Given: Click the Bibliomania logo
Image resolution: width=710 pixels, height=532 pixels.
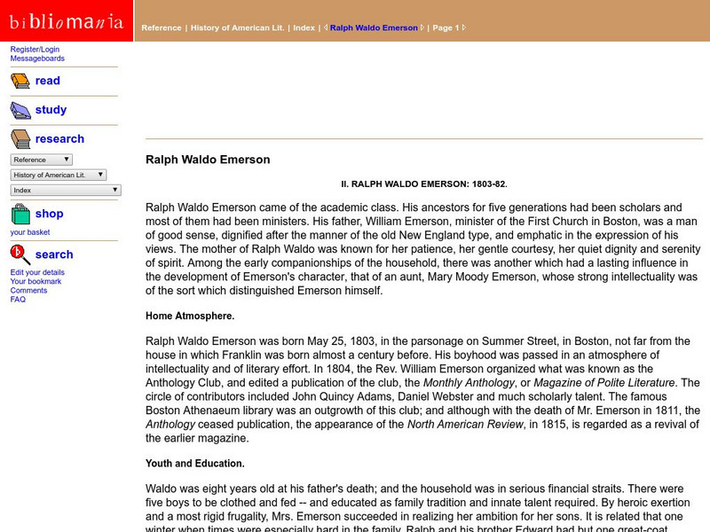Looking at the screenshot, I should point(67,22).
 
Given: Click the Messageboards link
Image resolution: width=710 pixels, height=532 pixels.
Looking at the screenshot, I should point(37,59).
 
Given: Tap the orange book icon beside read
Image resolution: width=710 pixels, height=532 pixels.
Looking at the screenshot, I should point(20,82).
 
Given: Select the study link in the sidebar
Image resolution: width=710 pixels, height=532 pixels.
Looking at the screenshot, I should point(51,110).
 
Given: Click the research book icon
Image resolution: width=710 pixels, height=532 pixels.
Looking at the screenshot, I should point(20,139).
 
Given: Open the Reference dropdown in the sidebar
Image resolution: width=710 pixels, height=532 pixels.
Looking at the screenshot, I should point(41,160).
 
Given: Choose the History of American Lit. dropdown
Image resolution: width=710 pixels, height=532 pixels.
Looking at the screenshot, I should point(59,175).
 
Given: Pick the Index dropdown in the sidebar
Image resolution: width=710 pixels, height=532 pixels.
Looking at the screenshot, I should point(66,190).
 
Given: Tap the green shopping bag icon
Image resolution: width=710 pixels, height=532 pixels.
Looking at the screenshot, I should point(20,214).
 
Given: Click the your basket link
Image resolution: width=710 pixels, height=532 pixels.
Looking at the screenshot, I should point(30,232).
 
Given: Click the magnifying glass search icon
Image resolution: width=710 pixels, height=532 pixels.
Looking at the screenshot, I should point(20,255).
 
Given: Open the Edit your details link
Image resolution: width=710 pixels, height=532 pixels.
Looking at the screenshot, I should point(37,272).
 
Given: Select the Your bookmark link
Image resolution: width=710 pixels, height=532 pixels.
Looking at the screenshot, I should point(36,281).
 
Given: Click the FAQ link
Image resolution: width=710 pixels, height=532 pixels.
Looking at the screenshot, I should point(18,300).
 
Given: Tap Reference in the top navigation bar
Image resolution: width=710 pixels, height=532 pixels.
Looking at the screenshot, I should point(161,27).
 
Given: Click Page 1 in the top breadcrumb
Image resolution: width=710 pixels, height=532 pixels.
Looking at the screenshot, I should point(445,27).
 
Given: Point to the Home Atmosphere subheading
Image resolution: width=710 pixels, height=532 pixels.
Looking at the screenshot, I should point(191,315).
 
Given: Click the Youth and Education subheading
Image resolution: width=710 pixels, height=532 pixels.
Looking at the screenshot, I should point(194,463).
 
